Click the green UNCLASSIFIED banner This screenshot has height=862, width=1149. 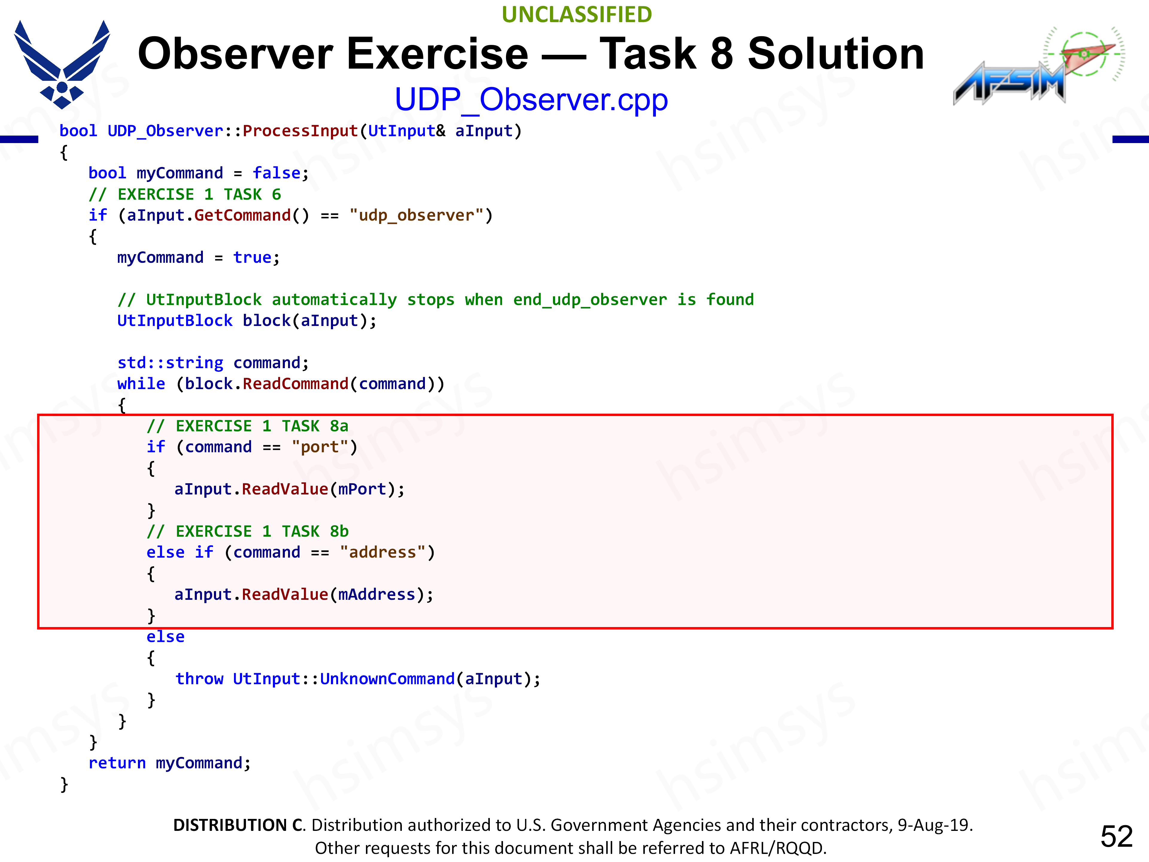(x=577, y=15)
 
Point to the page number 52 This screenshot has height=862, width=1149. (x=1116, y=836)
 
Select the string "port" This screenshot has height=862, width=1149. (x=320, y=447)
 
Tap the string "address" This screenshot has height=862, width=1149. (x=382, y=552)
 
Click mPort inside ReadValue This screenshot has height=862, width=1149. (x=362, y=489)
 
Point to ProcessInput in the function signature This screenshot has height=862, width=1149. (x=300, y=130)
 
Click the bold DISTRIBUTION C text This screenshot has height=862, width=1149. (x=238, y=825)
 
